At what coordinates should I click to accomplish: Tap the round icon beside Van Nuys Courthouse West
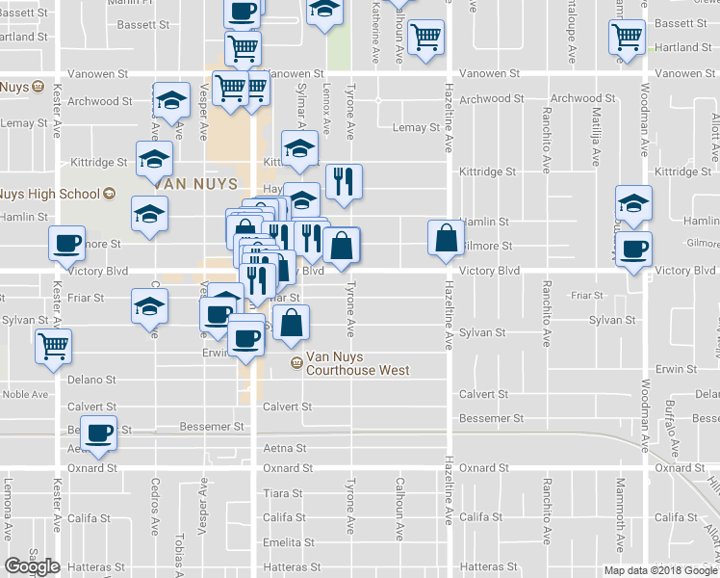[296, 363]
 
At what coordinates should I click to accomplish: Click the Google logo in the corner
[33, 566]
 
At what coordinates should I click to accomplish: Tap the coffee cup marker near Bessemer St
[98, 433]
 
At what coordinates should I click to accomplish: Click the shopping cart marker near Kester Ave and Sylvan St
[53, 345]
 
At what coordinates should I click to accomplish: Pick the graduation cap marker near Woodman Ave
[634, 202]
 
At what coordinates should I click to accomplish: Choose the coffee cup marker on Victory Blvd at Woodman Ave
[634, 249]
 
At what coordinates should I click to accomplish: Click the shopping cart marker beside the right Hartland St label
[627, 37]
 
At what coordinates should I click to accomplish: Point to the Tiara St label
[283, 493]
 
